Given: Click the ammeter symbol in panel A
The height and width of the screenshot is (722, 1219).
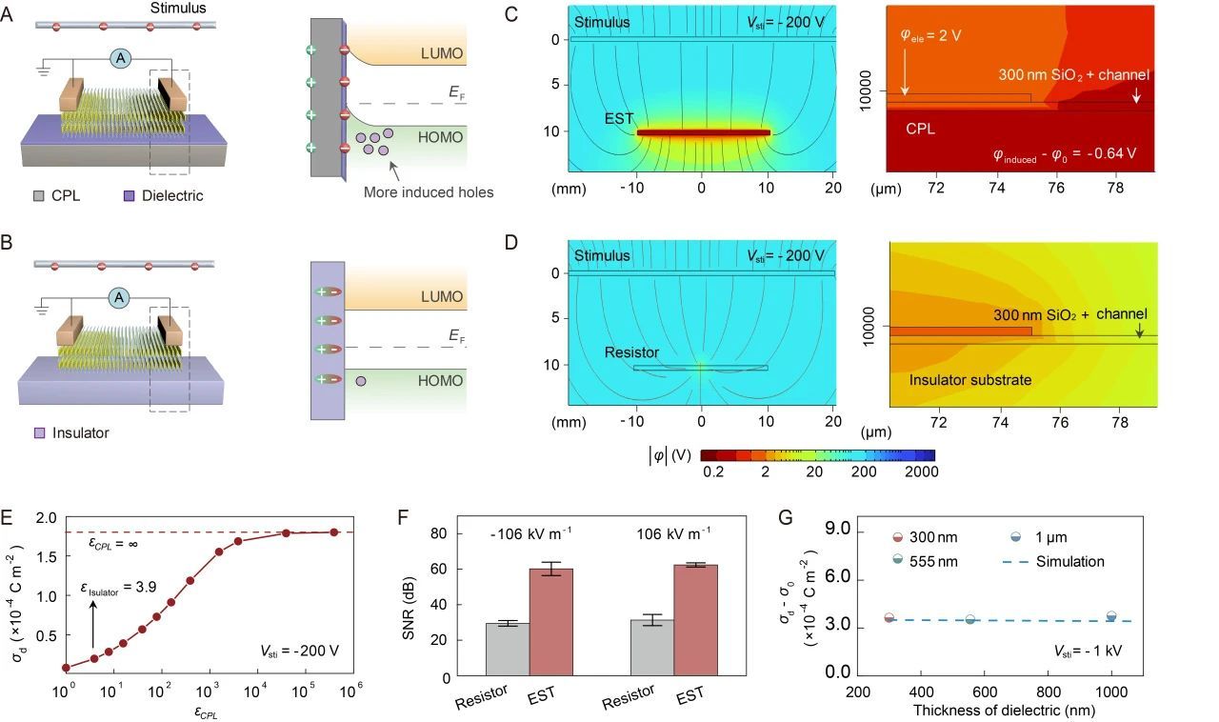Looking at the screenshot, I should coord(121,59).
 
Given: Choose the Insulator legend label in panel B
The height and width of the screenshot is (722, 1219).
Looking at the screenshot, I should coord(81,432).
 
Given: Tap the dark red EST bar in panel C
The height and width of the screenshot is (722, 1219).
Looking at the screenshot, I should coord(703,132).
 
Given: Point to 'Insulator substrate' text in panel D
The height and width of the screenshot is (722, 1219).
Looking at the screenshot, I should coord(969,380).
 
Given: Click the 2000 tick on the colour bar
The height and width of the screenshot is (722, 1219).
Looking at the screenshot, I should coord(921,471).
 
